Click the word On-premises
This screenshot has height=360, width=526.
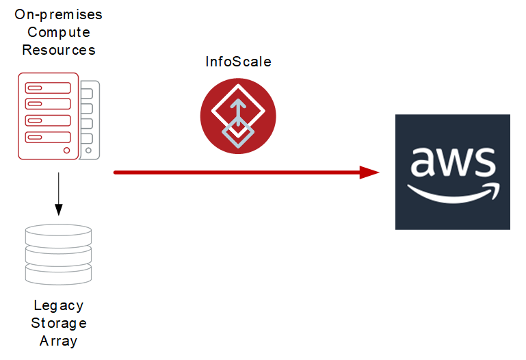[x=58, y=14]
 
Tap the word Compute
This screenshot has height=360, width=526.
[x=58, y=32]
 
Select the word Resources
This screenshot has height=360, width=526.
[x=58, y=50]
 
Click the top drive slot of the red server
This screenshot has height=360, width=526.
[x=48, y=88]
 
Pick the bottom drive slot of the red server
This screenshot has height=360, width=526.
[x=48, y=137]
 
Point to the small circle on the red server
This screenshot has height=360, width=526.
[x=66, y=150]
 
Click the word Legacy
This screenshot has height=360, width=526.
[x=58, y=305]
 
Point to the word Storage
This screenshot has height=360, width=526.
[x=58, y=323]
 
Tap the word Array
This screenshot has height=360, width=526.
[x=58, y=341]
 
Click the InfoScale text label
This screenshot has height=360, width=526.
[x=238, y=62]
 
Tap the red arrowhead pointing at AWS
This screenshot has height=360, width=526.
[x=369, y=172]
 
